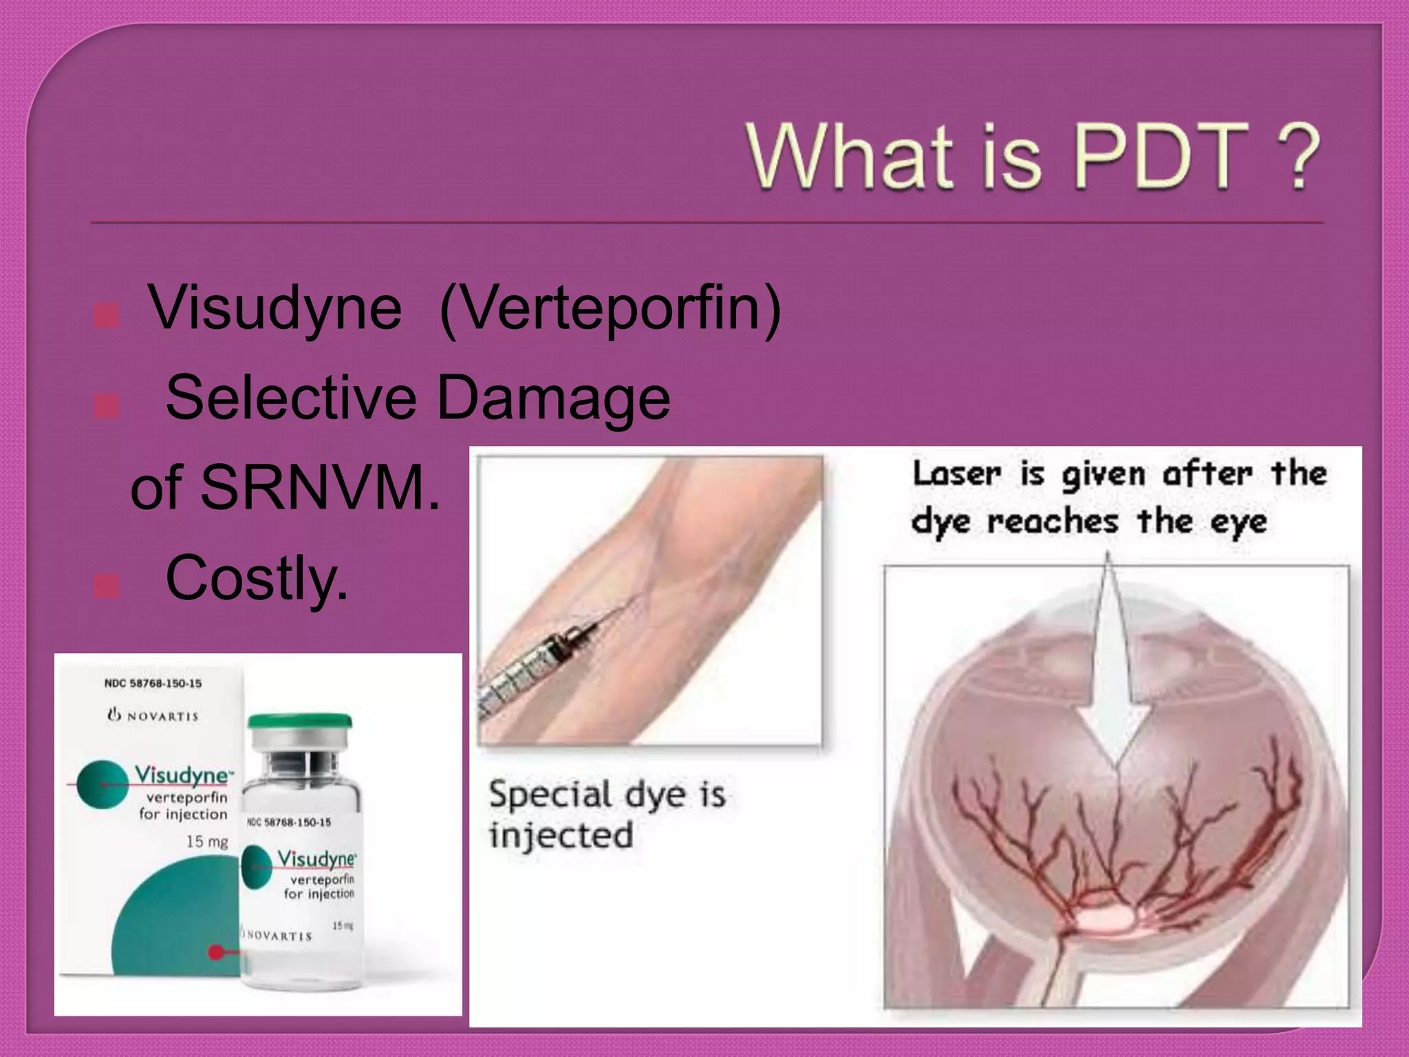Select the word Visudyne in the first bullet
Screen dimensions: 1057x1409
[x=275, y=308]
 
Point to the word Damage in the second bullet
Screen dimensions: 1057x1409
[x=554, y=398]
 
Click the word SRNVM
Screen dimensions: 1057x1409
[x=320, y=487]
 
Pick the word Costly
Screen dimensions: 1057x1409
[x=257, y=579]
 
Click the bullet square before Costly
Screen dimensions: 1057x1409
[x=107, y=586]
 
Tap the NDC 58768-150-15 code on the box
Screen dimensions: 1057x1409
[x=153, y=683]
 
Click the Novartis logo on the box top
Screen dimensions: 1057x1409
[x=153, y=716]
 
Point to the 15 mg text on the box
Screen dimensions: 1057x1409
[x=206, y=842]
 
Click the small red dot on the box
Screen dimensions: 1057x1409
[x=216, y=952]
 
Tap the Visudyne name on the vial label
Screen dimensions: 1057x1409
[x=316, y=859]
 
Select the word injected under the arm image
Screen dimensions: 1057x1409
[x=561, y=835]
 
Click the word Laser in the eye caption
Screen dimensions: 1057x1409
[x=956, y=475]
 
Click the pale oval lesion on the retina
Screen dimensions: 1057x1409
[x=1104, y=919]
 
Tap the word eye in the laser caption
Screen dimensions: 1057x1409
[x=1238, y=522]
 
